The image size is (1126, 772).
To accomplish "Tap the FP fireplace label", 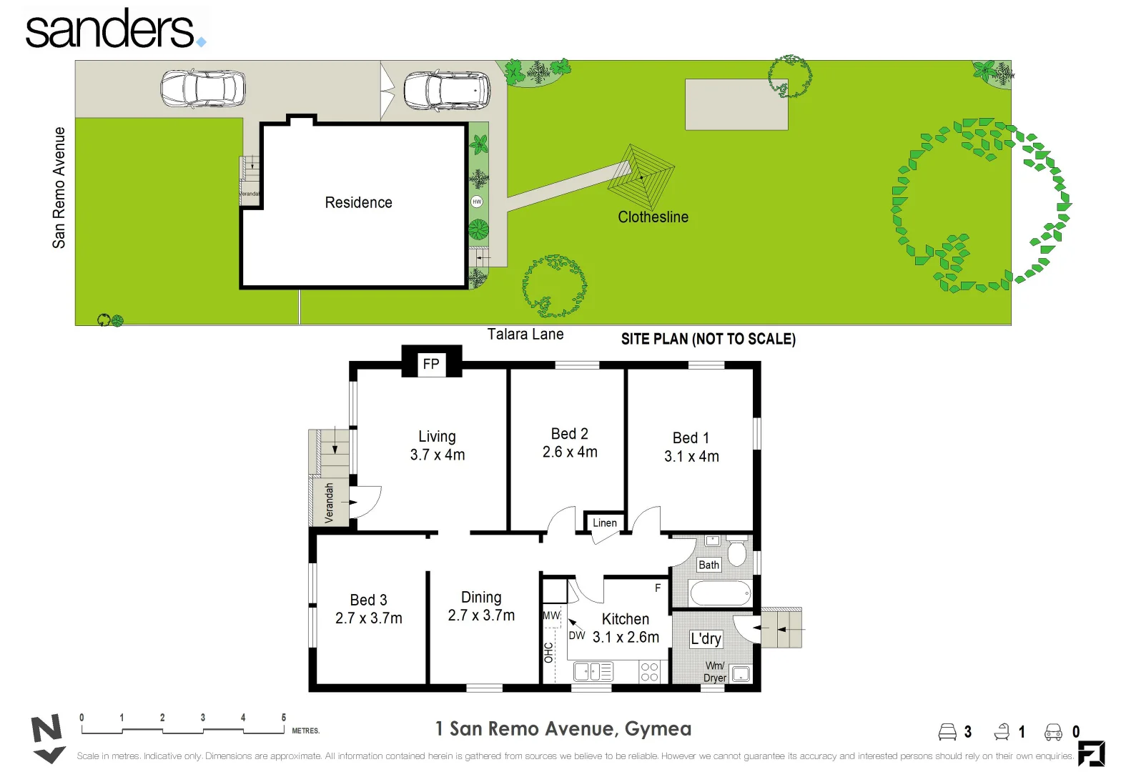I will pos(431,364).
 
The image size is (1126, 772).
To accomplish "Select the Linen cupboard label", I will pos(604,523).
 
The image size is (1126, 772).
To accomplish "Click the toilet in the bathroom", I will pos(736,553).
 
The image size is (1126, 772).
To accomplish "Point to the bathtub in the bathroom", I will pos(720,593).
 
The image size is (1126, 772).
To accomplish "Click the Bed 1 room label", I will pos(691,447).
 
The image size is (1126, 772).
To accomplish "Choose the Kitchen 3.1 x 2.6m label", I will pos(626,628).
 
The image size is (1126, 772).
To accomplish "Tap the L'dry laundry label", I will pos(706,638).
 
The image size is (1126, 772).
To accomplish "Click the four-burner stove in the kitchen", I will pos(649,672).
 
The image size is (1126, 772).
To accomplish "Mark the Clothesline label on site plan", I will pos(653,217).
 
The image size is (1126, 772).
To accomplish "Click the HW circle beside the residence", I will pos(477,202).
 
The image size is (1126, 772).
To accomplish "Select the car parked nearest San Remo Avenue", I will pos(203,89).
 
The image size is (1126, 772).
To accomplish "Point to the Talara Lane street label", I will pos(525,334).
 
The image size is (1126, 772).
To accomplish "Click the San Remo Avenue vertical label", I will pos(59,188).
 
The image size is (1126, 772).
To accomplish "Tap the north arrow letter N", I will pos(46,731).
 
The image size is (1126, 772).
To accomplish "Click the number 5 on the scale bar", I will pos(284,717).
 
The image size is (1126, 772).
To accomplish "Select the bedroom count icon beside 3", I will pos(947,731).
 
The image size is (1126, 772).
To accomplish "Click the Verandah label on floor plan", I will pos(330,503).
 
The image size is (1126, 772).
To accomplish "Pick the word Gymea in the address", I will pos(658,728).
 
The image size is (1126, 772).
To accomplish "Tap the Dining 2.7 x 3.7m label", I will pos(481,606).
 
